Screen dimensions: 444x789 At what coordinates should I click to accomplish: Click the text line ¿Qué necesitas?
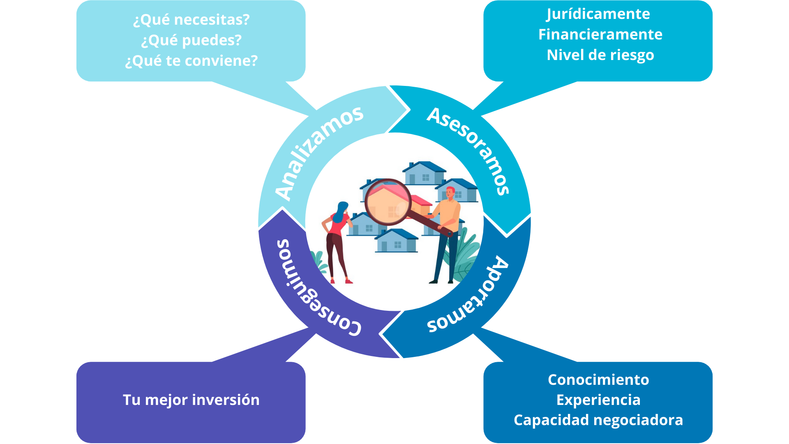click(x=191, y=20)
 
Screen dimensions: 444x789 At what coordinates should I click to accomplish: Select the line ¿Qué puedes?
click(x=191, y=40)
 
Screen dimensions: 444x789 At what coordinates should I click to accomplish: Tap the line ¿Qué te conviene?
click(x=191, y=61)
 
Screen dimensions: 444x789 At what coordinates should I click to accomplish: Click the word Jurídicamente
click(x=598, y=14)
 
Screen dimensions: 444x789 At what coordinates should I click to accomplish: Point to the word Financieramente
click(x=600, y=35)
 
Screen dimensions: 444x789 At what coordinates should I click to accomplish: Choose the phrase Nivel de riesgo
click(x=600, y=55)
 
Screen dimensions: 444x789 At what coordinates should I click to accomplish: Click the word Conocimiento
click(x=598, y=380)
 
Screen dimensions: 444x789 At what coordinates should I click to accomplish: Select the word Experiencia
click(x=598, y=400)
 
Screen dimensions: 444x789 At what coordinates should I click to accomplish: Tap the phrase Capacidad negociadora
click(x=598, y=420)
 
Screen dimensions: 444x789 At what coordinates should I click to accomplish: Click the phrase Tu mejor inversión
click(x=191, y=400)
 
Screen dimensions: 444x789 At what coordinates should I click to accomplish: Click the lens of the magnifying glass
click(x=388, y=202)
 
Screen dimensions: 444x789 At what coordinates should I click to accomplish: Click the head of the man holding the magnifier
click(x=450, y=193)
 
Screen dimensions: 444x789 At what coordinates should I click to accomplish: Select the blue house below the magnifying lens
click(x=396, y=242)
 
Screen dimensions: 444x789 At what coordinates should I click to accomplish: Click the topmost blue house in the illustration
click(x=424, y=173)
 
